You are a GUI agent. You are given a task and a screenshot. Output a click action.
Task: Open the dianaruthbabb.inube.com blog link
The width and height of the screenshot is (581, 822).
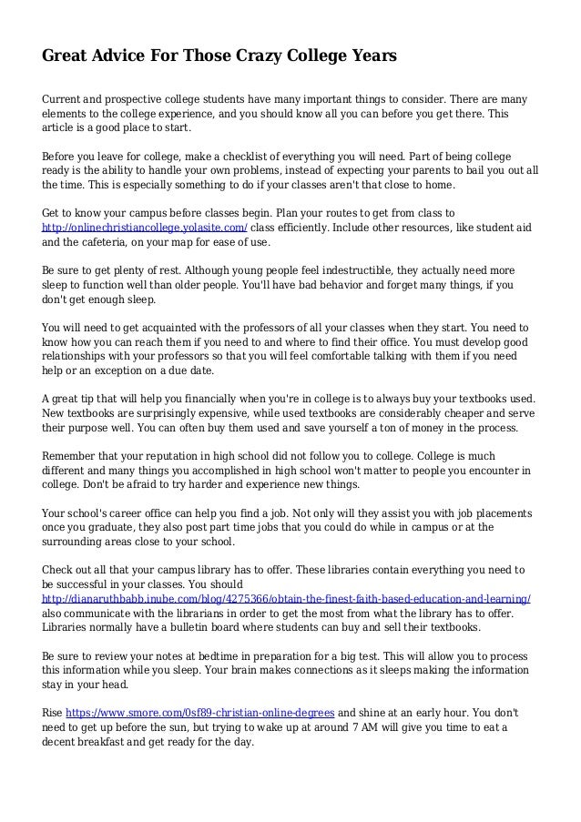pyautogui.click(x=288, y=601)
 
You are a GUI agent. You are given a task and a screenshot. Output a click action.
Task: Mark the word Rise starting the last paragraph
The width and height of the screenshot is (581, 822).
pyautogui.click(x=54, y=712)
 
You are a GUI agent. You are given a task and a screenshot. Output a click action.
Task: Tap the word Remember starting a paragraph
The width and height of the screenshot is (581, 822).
pyautogui.click(x=74, y=453)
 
